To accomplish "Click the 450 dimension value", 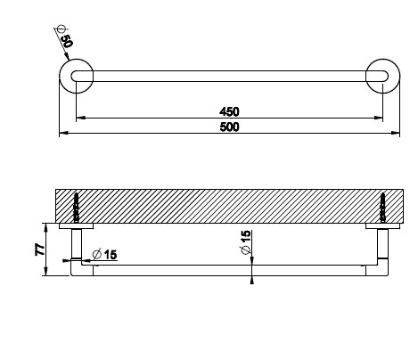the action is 229,111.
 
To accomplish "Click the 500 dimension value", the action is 229,127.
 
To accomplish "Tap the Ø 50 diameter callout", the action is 64,37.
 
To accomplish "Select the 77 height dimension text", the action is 40,250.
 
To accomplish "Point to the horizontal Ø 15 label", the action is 104,255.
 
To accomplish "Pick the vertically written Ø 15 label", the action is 246,242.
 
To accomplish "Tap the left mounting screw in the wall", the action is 77,208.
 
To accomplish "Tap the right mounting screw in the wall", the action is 383,208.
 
